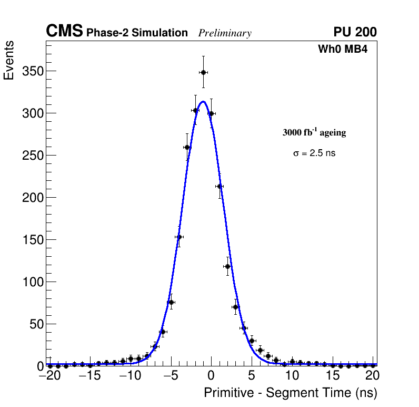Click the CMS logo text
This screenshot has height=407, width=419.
(64, 32)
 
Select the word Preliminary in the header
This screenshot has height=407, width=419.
(225, 33)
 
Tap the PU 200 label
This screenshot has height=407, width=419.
(355, 32)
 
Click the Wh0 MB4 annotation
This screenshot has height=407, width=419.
(342, 50)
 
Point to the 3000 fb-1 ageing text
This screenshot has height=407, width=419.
(314, 133)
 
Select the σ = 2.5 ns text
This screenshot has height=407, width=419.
(314, 153)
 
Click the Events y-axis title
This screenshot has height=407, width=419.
(9, 61)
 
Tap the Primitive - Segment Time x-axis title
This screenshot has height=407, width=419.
(291, 393)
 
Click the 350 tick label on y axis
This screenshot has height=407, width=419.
(33, 71)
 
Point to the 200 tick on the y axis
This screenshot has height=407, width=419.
(33, 198)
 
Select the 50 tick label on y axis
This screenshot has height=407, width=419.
(36, 324)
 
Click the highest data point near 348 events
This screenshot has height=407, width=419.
(203, 72)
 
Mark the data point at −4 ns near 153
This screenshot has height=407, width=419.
(179, 237)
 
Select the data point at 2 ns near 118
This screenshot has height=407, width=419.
(227, 266)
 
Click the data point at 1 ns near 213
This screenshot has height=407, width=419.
(220, 186)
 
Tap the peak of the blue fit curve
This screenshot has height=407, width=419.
(203, 102)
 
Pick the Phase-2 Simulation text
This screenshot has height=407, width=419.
(137, 33)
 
